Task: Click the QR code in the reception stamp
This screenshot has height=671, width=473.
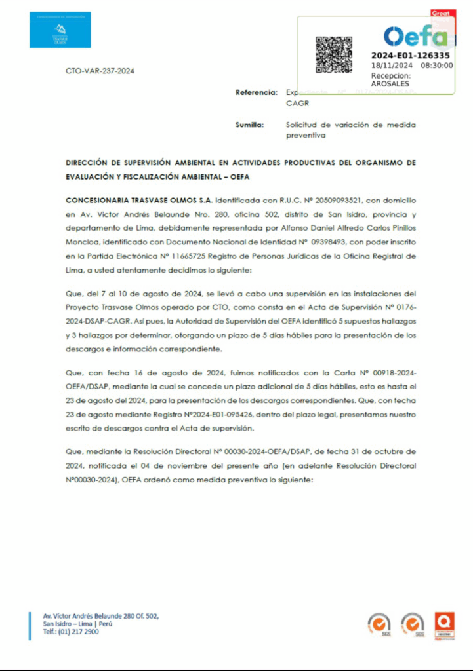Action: (334, 54)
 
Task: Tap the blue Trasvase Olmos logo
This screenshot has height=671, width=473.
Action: (60, 29)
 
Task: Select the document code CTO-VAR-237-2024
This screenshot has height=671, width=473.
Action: (100, 70)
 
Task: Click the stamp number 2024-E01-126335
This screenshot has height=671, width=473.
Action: (410, 56)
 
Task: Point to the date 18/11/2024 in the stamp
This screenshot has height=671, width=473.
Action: (392, 66)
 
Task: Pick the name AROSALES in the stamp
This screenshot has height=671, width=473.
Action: (390, 84)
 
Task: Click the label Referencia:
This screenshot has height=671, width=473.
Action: (257, 92)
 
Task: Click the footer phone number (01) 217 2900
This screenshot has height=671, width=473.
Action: (79, 632)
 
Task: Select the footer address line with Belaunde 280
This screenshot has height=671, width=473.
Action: (100, 616)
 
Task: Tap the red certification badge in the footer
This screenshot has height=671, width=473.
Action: (446, 625)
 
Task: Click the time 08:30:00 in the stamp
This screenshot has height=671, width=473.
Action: (436, 66)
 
